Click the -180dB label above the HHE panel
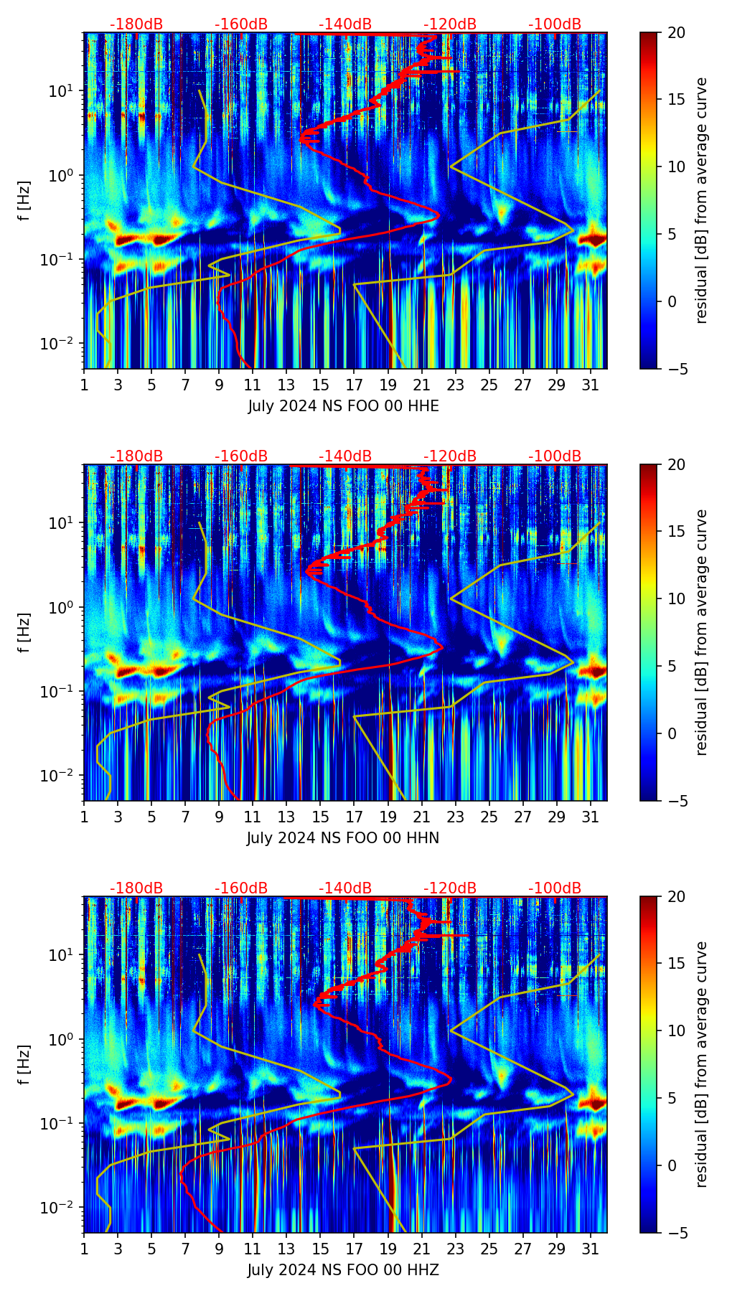pos(136,25)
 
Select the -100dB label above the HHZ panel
pos(555,889)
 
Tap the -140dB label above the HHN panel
pos(345,457)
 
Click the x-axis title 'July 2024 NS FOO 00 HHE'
pos(343,406)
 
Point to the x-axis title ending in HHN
pos(343,838)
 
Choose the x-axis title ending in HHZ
pos(343,1270)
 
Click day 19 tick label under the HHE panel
pos(388,385)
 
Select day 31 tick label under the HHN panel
pos(591,817)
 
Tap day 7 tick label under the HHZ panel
pos(185,1249)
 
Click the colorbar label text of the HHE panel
pos(702,201)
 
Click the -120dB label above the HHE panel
pos(450,25)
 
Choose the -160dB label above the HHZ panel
pos(241,889)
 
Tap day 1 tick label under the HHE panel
pos(84,385)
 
